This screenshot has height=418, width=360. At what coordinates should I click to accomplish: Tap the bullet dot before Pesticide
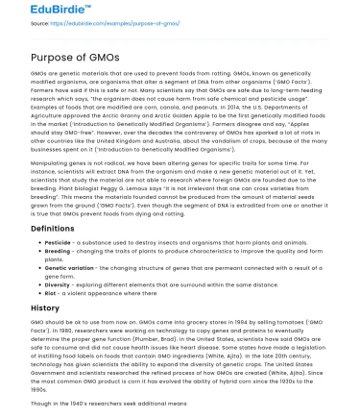36,244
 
